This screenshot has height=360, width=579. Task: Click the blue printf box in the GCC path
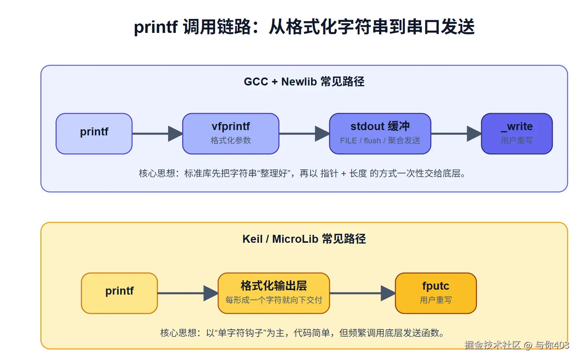[94, 134]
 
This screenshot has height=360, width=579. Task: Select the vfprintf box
[231, 134]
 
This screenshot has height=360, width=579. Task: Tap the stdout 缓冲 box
[380, 134]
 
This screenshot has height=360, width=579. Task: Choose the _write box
[517, 134]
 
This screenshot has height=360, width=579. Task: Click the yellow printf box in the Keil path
[119, 293]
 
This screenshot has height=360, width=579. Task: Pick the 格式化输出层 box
[274, 293]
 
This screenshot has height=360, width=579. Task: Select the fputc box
[436, 293]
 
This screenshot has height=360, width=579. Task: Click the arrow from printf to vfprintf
[158, 134]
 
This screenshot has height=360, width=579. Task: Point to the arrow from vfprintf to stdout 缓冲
[304, 134]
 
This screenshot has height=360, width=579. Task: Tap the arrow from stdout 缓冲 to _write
[456, 134]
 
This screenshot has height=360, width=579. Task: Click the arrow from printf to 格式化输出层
[188, 293]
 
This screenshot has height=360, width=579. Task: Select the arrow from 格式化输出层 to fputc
[363, 293]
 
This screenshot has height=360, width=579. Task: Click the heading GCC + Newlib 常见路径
[304, 82]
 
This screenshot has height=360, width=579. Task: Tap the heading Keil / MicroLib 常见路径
[304, 239]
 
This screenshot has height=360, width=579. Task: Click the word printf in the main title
[156, 27]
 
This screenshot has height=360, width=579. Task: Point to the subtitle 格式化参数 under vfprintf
[231, 140]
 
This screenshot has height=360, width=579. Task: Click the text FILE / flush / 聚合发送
[380, 140]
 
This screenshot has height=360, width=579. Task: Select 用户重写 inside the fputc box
[436, 300]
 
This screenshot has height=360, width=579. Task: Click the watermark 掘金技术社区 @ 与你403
[517, 345]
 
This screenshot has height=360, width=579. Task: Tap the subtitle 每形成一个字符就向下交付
[274, 300]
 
